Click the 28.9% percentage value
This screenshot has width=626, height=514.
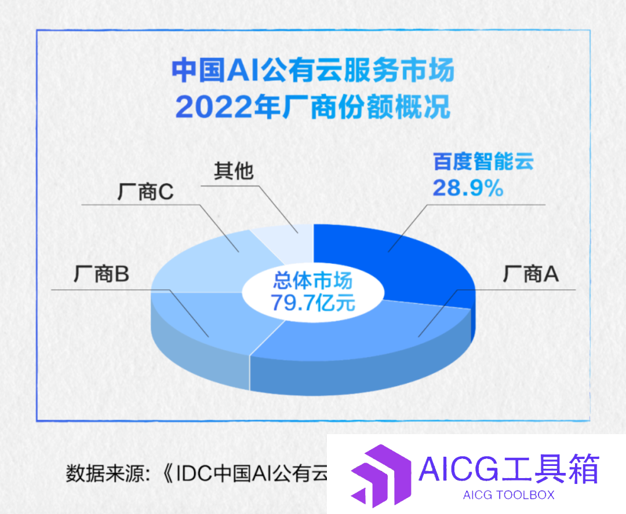tap(468, 188)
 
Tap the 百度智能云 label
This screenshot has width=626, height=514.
tap(483, 161)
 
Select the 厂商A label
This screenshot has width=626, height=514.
tap(530, 274)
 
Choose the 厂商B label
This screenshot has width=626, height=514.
tap(101, 274)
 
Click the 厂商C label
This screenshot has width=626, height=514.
tap(145, 192)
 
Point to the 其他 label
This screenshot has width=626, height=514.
tap(234, 171)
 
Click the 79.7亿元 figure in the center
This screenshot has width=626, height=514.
tap(313, 303)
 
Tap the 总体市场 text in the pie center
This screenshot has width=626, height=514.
tap(313, 280)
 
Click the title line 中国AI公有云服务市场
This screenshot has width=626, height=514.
tap(313, 70)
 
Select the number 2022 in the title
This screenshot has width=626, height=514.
tap(214, 107)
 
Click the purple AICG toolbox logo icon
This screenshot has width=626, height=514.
tap(381, 476)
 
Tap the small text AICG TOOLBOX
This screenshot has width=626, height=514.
tap(509, 495)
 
